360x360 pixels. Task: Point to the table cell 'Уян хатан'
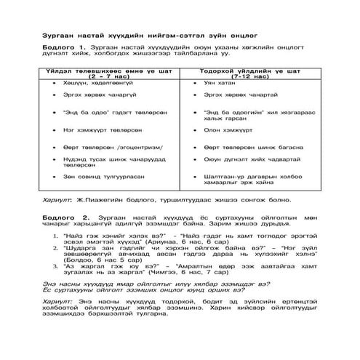[218, 84]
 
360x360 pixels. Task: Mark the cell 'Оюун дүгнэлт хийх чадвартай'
[247, 161]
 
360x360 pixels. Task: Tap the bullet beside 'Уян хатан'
[188, 84]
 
